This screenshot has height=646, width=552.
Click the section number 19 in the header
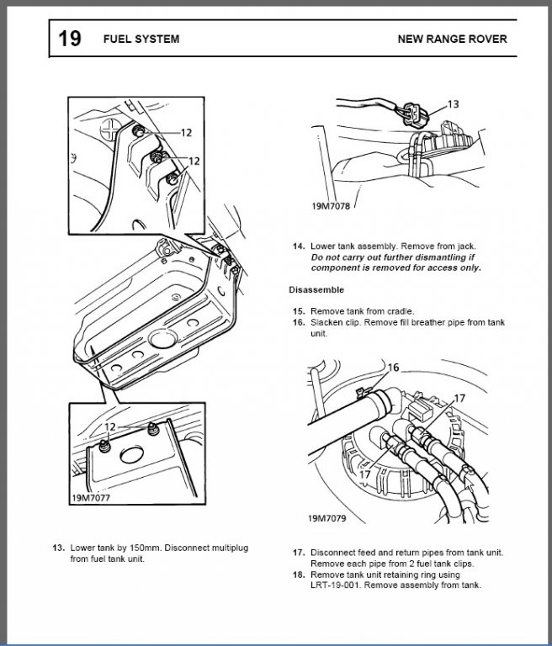(x=69, y=39)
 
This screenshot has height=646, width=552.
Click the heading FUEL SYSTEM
(x=141, y=40)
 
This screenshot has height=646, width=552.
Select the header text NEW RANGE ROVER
(x=452, y=40)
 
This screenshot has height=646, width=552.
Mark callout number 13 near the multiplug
(x=453, y=104)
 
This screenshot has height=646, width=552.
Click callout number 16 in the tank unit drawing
(x=394, y=368)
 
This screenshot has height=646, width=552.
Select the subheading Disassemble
(x=316, y=289)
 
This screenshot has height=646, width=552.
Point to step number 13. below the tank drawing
(x=58, y=548)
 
